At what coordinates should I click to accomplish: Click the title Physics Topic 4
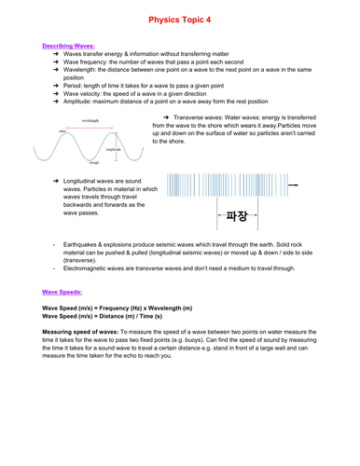coord(179,18)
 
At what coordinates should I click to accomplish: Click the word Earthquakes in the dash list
coord(85,244)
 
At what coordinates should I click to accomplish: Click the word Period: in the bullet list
coord(73,86)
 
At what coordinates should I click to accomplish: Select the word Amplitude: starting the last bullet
coord(78,101)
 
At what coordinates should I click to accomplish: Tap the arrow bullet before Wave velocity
coord(55,93)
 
